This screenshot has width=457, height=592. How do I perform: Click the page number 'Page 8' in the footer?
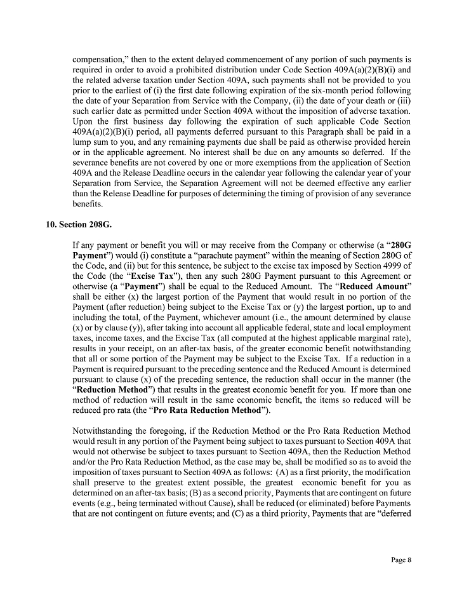point(401,560)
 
